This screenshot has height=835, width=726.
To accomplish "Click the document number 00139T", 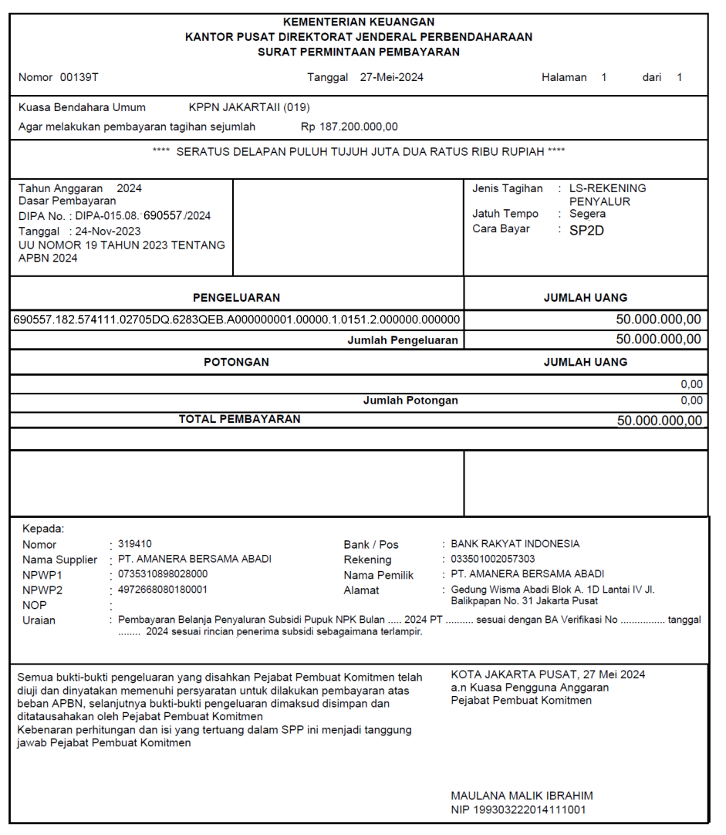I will click(79, 77).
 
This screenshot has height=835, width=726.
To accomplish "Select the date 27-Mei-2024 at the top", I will click(391, 77).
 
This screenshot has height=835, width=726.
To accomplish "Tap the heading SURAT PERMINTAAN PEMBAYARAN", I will click(359, 52).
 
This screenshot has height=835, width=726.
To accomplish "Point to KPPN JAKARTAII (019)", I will click(249, 107).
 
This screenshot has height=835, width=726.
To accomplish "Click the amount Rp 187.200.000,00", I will click(349, 127).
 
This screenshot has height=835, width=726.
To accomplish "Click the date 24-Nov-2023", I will click(108, 231).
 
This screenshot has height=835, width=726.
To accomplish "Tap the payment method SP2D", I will click(586, 229).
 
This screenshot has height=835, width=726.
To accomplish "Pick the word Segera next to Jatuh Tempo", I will click(587, 214).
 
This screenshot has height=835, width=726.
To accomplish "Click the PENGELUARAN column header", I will click(236, 297).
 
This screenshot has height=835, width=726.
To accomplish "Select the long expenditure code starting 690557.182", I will click(237, 319).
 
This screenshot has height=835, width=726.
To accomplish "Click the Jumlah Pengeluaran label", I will click(403, 340).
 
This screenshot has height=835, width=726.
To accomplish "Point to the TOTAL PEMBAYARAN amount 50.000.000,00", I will click(660, 421).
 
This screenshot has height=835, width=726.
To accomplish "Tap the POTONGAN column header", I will click(236, 361).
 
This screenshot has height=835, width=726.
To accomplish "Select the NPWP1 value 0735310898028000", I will click(162, 574).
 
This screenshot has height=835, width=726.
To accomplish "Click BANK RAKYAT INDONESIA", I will click(515, 544).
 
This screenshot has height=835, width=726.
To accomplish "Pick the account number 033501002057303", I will click(493, 559).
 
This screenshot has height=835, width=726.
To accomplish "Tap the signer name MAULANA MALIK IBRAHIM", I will click(522, 796).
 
